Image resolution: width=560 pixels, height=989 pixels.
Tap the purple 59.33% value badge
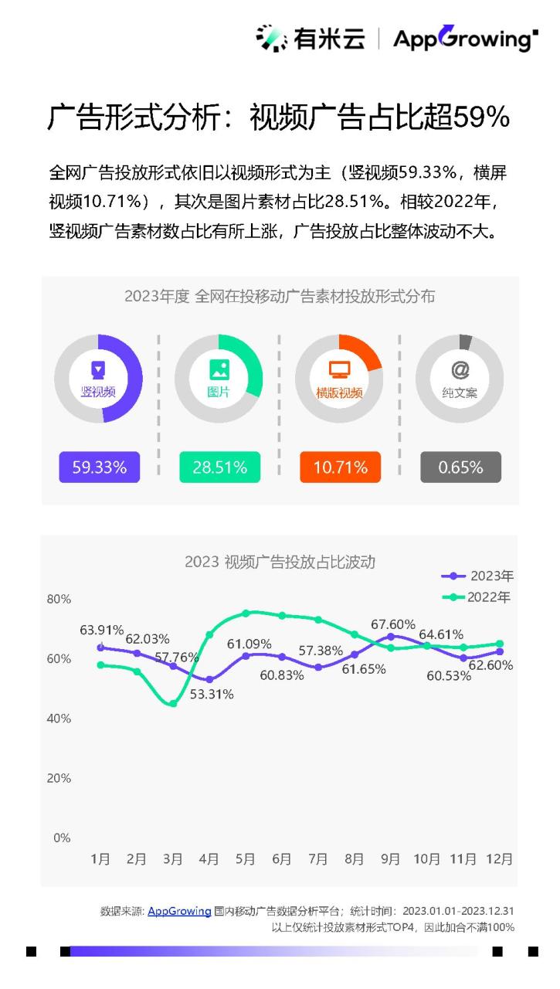coord(100,467)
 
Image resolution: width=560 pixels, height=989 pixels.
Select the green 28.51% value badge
coord(219,467)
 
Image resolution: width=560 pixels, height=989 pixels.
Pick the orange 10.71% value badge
coord(340,467)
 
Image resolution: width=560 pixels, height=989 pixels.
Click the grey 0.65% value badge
coord(460,467)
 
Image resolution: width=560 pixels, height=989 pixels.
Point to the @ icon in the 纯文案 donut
coord(460,369)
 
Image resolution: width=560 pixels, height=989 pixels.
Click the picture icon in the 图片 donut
coord(219,369)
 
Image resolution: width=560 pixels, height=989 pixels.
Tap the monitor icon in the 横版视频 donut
coord(339,369)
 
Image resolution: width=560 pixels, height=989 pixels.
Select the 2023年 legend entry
coord(477,576)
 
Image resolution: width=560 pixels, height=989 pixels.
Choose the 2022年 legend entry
coord(477,597)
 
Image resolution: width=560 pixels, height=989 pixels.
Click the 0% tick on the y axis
coord(62,838)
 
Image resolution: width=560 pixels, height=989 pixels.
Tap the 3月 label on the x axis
coord(173,858)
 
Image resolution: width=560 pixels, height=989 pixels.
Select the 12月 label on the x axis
coord(500,858)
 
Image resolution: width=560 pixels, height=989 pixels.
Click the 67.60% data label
coord(393,624)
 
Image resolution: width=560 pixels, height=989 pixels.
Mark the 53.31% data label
coord(211,694)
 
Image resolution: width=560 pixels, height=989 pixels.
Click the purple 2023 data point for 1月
coord(100,647)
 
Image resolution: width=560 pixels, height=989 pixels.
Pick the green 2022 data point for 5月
coord(246,613)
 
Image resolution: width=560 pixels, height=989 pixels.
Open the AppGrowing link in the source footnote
coord(179,911)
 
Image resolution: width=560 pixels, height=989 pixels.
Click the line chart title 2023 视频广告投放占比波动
coord(280,562)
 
